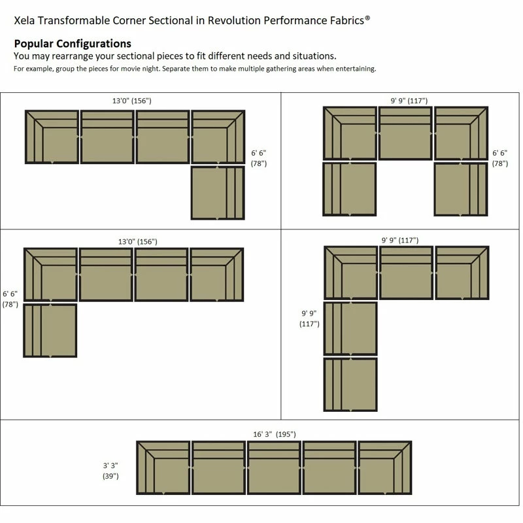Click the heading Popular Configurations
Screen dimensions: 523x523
pyautogui.click(x=73, y=44)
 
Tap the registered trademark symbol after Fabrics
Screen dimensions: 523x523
pyautogui.click(x=367, y=18)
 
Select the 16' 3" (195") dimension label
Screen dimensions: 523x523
pyautogui.click(x=275, y=434)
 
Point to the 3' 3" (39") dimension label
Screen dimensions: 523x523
pyautogui.click(x=110, y=470)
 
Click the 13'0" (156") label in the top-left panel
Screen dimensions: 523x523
pyautogui.click(x=132, y=101)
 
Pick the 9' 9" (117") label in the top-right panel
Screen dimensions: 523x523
pyautogui.click(x=409, y=101)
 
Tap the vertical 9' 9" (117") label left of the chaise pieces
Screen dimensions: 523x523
pyautogui.click(x=309, y=318)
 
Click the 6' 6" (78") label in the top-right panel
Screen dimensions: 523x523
pyautogui.click(x=500, y=158)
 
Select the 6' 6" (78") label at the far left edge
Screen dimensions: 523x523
pyautogui.click(x=10, y=299)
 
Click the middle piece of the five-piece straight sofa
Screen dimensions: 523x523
pyautogui.click(x=274, y=467)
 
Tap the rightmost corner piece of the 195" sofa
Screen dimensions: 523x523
pyautogui.click(x=385, y=467)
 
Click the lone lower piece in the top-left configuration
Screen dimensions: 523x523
pyautogui.click(x=218, y=193)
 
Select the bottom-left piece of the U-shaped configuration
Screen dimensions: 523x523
pyautogui.click(x=350, y=189)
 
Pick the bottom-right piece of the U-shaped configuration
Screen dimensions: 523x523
pyautogui.click(x=461, y=189)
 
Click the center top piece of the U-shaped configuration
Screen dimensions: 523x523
pyautogui.click(x=405, y=133)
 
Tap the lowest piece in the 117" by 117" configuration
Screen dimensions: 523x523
pyautogui.click(x=350, y=384)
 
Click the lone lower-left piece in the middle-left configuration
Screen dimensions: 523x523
pyautogui.click(x=50, y=330)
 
